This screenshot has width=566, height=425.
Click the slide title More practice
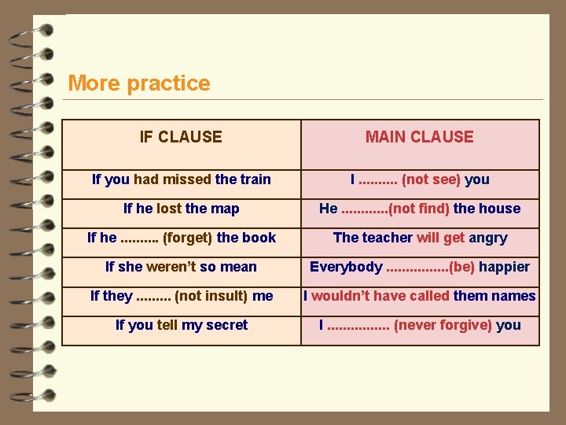139,83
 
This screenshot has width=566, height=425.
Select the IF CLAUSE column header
181,137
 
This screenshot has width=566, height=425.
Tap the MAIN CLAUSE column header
419,137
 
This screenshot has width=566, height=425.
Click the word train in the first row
254,179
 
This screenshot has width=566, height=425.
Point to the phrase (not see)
431,179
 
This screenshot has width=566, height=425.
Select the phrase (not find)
419,209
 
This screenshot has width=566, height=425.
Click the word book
260,238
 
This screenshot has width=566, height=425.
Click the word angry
488,238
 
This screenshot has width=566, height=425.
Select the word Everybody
346,267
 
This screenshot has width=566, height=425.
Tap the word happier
504,267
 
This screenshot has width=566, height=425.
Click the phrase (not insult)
211,296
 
